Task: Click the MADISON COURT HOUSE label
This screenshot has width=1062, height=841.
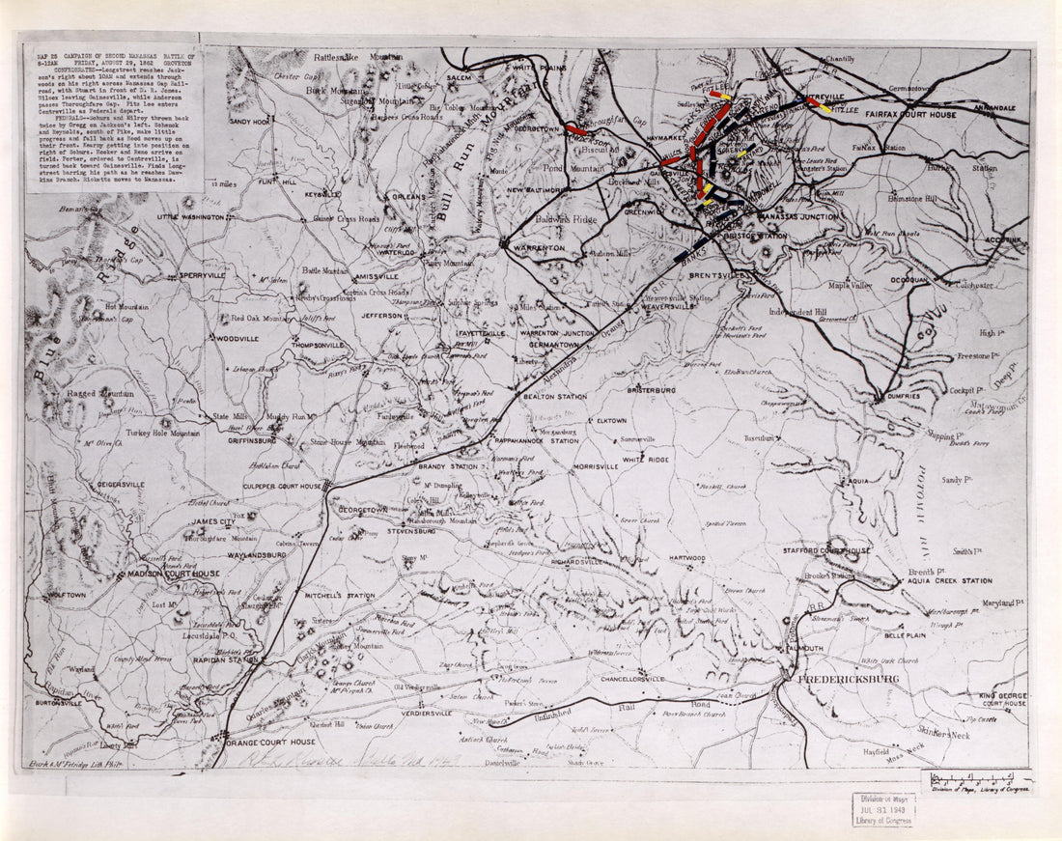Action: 175,574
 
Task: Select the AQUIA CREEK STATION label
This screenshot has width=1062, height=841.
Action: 949,581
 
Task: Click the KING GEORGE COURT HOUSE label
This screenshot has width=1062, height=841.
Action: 1002,699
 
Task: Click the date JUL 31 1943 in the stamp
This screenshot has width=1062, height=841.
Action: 882,808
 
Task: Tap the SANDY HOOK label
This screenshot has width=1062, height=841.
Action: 249,122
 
